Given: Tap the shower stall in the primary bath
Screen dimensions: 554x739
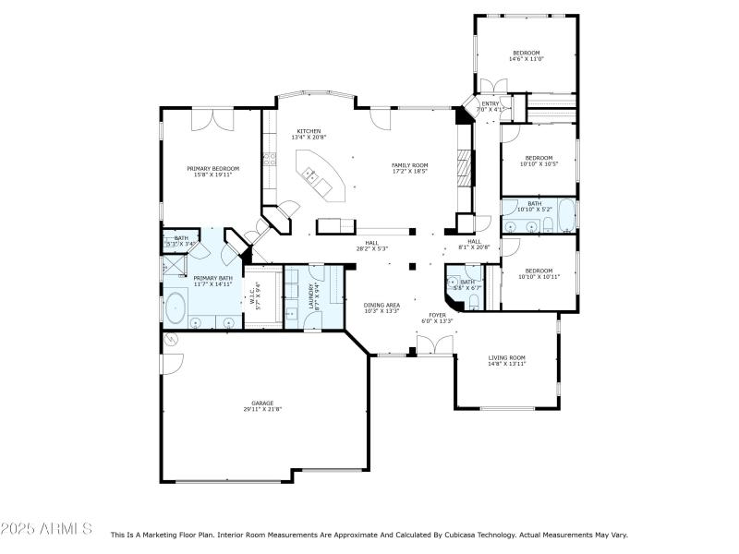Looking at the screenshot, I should (173, 267).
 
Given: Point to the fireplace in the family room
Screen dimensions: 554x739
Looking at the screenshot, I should (465, 168).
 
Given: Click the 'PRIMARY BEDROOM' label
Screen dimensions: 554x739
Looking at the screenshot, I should (212, 169).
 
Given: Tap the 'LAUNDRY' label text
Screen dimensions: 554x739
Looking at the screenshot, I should (310, 294).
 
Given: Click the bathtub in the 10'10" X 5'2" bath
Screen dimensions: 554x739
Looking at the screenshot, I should (561, 218).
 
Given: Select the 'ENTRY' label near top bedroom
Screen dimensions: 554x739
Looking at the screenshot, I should (490, 103).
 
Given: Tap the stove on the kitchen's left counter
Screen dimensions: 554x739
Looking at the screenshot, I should (271, 159).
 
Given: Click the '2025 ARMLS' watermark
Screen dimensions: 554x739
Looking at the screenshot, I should (46, 529).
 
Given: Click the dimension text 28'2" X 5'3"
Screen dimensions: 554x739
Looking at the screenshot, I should (371, 248).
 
